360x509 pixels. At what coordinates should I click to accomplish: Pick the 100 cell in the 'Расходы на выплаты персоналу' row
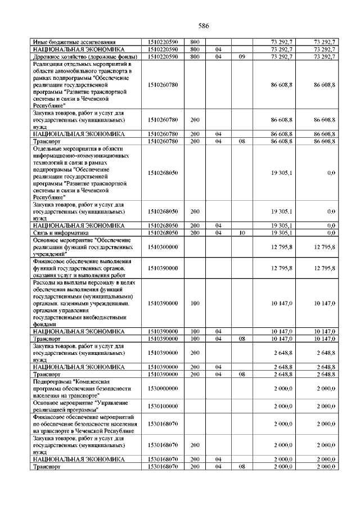195,303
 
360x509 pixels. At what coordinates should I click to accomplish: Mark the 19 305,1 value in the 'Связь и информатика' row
281,232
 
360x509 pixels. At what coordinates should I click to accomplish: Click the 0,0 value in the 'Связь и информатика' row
331,232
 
